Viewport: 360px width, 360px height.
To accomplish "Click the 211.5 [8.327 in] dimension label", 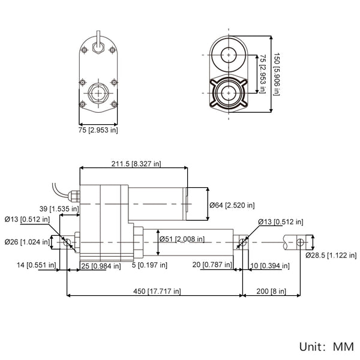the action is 136,164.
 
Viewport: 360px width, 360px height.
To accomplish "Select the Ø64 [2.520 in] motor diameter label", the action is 232,205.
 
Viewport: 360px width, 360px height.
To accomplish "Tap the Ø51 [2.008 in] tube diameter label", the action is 182,239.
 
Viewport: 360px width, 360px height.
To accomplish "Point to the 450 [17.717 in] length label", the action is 157,292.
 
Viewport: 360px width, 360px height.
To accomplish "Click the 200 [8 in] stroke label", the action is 271,292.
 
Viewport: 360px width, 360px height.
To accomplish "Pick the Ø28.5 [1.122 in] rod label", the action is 331,256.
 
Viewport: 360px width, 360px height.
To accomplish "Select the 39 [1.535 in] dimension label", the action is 59,209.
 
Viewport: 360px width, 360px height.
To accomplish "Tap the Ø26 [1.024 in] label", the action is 27,242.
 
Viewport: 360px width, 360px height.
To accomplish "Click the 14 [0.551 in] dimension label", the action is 36,265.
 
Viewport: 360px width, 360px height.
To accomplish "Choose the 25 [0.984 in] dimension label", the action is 101,266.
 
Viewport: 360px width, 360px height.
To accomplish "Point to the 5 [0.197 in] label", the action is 149,265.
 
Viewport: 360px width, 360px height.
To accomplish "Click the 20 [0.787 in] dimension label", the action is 212,265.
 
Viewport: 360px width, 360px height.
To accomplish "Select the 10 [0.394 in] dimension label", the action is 270,266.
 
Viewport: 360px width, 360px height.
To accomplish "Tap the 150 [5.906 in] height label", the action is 277,74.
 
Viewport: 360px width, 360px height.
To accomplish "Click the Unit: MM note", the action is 326,347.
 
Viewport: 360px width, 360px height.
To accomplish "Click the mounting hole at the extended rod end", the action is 300,242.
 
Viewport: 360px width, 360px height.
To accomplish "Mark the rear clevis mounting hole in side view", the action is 67,242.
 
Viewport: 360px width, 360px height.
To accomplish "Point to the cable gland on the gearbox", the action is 74,196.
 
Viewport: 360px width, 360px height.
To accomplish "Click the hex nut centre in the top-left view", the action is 98,93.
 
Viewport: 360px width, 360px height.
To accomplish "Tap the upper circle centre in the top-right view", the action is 229,55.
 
